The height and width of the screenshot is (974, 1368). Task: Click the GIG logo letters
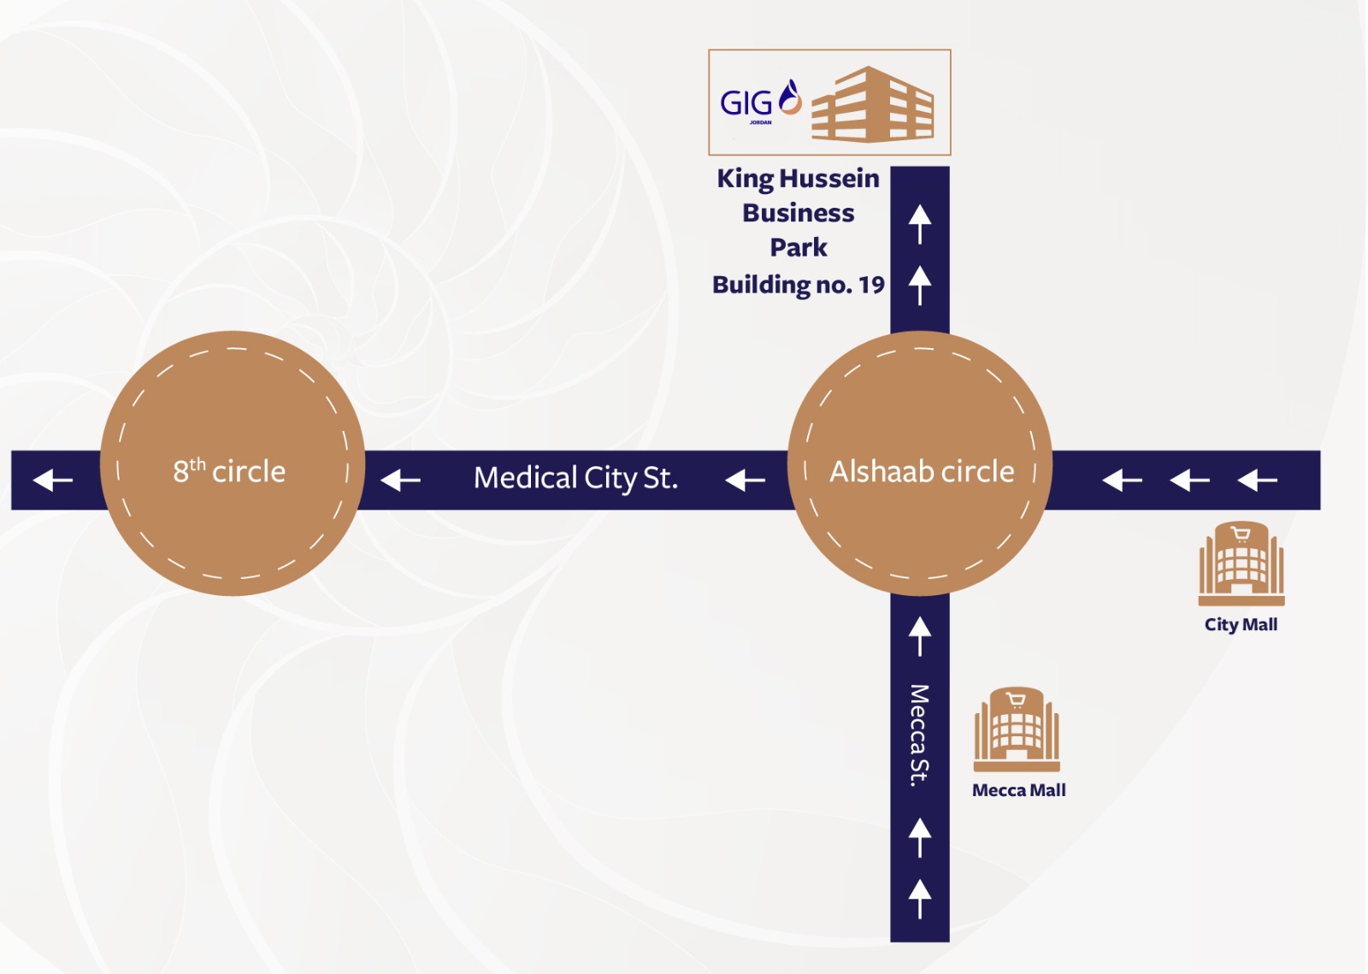click(x=746, y=103)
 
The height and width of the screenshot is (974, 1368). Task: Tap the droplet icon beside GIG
click(x=790, y=97)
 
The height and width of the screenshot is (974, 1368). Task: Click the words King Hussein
click(x=798, y=179)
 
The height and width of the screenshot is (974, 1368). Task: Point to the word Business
click(x=798, y=213)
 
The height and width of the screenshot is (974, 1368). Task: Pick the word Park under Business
click(x=798, y=248)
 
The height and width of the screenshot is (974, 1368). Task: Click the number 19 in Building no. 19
click(x=871, y=285)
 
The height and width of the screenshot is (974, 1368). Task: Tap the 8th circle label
click(x=229, y=471)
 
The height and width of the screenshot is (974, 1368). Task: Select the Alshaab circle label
click(x=922, y=471)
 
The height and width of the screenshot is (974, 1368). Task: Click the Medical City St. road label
click(x=575, y=478)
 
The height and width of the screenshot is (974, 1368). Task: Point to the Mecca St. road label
click(x=919, y=735)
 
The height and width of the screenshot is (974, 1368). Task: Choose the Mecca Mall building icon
click(x=1017, y=729)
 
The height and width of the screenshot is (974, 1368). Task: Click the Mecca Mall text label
click(x=1018, y=790)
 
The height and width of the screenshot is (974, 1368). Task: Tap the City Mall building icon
click(x=1241, y=564)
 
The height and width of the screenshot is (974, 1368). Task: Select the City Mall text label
click(x=1241, y=624)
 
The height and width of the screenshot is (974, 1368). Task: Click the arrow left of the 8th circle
click(x=53, y=481)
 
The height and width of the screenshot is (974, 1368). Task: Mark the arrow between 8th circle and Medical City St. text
click(x=400, y=481)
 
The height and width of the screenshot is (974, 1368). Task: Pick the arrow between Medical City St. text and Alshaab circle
click(x=745, y=481)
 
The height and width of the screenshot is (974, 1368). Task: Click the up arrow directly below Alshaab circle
click(x=920, y=636)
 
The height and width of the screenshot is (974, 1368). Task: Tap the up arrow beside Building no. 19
click(x=920, y=285)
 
